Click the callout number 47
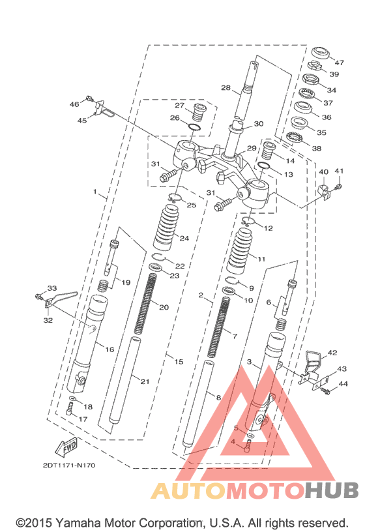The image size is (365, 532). tap(339, 63)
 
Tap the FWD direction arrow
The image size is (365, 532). tap(66, 447)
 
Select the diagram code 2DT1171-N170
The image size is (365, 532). tap(69, 465)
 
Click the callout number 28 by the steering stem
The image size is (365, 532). tap(226, 88)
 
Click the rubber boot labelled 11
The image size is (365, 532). tap(239, 251)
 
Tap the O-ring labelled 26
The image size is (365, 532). tap(194, 127)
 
